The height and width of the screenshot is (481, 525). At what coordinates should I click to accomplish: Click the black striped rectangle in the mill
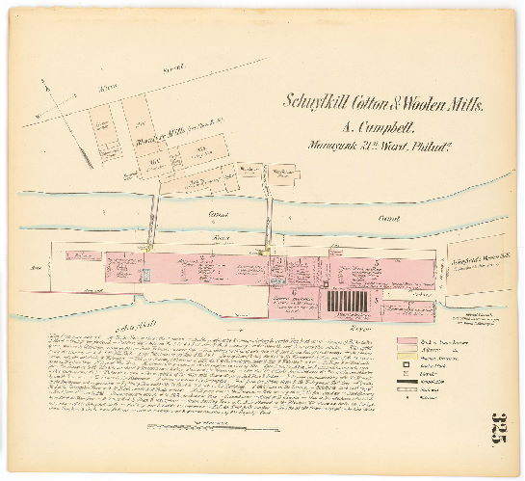pyautogui.click(x=346, y=302)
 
